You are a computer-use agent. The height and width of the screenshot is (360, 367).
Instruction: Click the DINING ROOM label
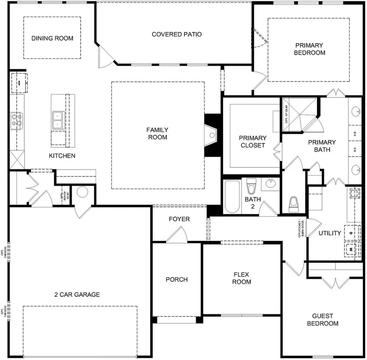[52, 38]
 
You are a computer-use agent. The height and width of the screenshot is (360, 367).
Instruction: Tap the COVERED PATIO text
[177, 34]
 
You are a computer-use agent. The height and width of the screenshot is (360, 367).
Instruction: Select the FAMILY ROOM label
[157, 134]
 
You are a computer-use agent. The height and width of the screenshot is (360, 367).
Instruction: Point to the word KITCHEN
[62, 156]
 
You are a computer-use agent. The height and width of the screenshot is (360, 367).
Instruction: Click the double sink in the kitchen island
[57, 120]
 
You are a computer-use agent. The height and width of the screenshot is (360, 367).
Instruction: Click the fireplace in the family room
[212, 135]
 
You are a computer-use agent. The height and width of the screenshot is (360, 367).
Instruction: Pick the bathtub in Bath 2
[232, 196]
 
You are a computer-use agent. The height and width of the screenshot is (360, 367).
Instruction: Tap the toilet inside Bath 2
[251, 187]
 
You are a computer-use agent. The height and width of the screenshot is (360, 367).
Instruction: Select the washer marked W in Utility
[351, 249]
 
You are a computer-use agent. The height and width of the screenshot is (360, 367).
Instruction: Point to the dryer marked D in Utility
[351, 234]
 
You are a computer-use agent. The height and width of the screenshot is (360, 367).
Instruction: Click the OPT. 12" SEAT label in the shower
[286, 114]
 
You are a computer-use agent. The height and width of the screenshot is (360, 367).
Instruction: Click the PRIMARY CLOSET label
[252, 142]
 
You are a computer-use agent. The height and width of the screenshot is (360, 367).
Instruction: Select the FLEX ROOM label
[242, 278]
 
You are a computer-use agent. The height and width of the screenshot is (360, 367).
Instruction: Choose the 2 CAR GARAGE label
[77, 294]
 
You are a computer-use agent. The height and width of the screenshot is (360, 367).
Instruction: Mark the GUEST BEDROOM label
[323, 319]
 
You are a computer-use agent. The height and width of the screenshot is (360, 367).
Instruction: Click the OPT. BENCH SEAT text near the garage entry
[65, 195]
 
